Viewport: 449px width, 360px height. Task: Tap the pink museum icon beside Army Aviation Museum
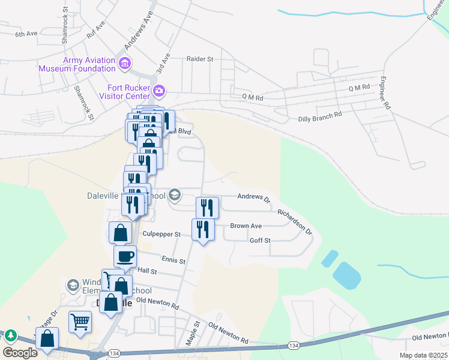(125, 63)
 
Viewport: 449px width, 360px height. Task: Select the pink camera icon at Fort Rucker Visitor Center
(159, 91)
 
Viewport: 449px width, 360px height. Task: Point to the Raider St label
(200, 59)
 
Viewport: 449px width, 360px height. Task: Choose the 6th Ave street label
(27, 34)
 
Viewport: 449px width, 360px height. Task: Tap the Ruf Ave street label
(96, 30)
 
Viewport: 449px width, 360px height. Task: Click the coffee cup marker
(125, 257)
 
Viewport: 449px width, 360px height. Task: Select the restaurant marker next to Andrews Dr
(207, 208)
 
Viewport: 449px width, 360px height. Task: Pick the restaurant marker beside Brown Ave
(202, 229)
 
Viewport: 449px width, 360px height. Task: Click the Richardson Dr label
(295, 221)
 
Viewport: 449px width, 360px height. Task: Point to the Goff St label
(260, 241)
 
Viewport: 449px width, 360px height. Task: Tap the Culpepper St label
(161, 234)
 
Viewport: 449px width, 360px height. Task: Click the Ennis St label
(173, 260)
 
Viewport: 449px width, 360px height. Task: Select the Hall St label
(146, 271)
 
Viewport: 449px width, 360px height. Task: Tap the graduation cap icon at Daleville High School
(175, 194)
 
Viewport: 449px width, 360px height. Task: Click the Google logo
(20, 353)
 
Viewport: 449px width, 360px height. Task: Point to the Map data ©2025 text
(423, 355)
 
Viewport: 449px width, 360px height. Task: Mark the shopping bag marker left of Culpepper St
(120, 233)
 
